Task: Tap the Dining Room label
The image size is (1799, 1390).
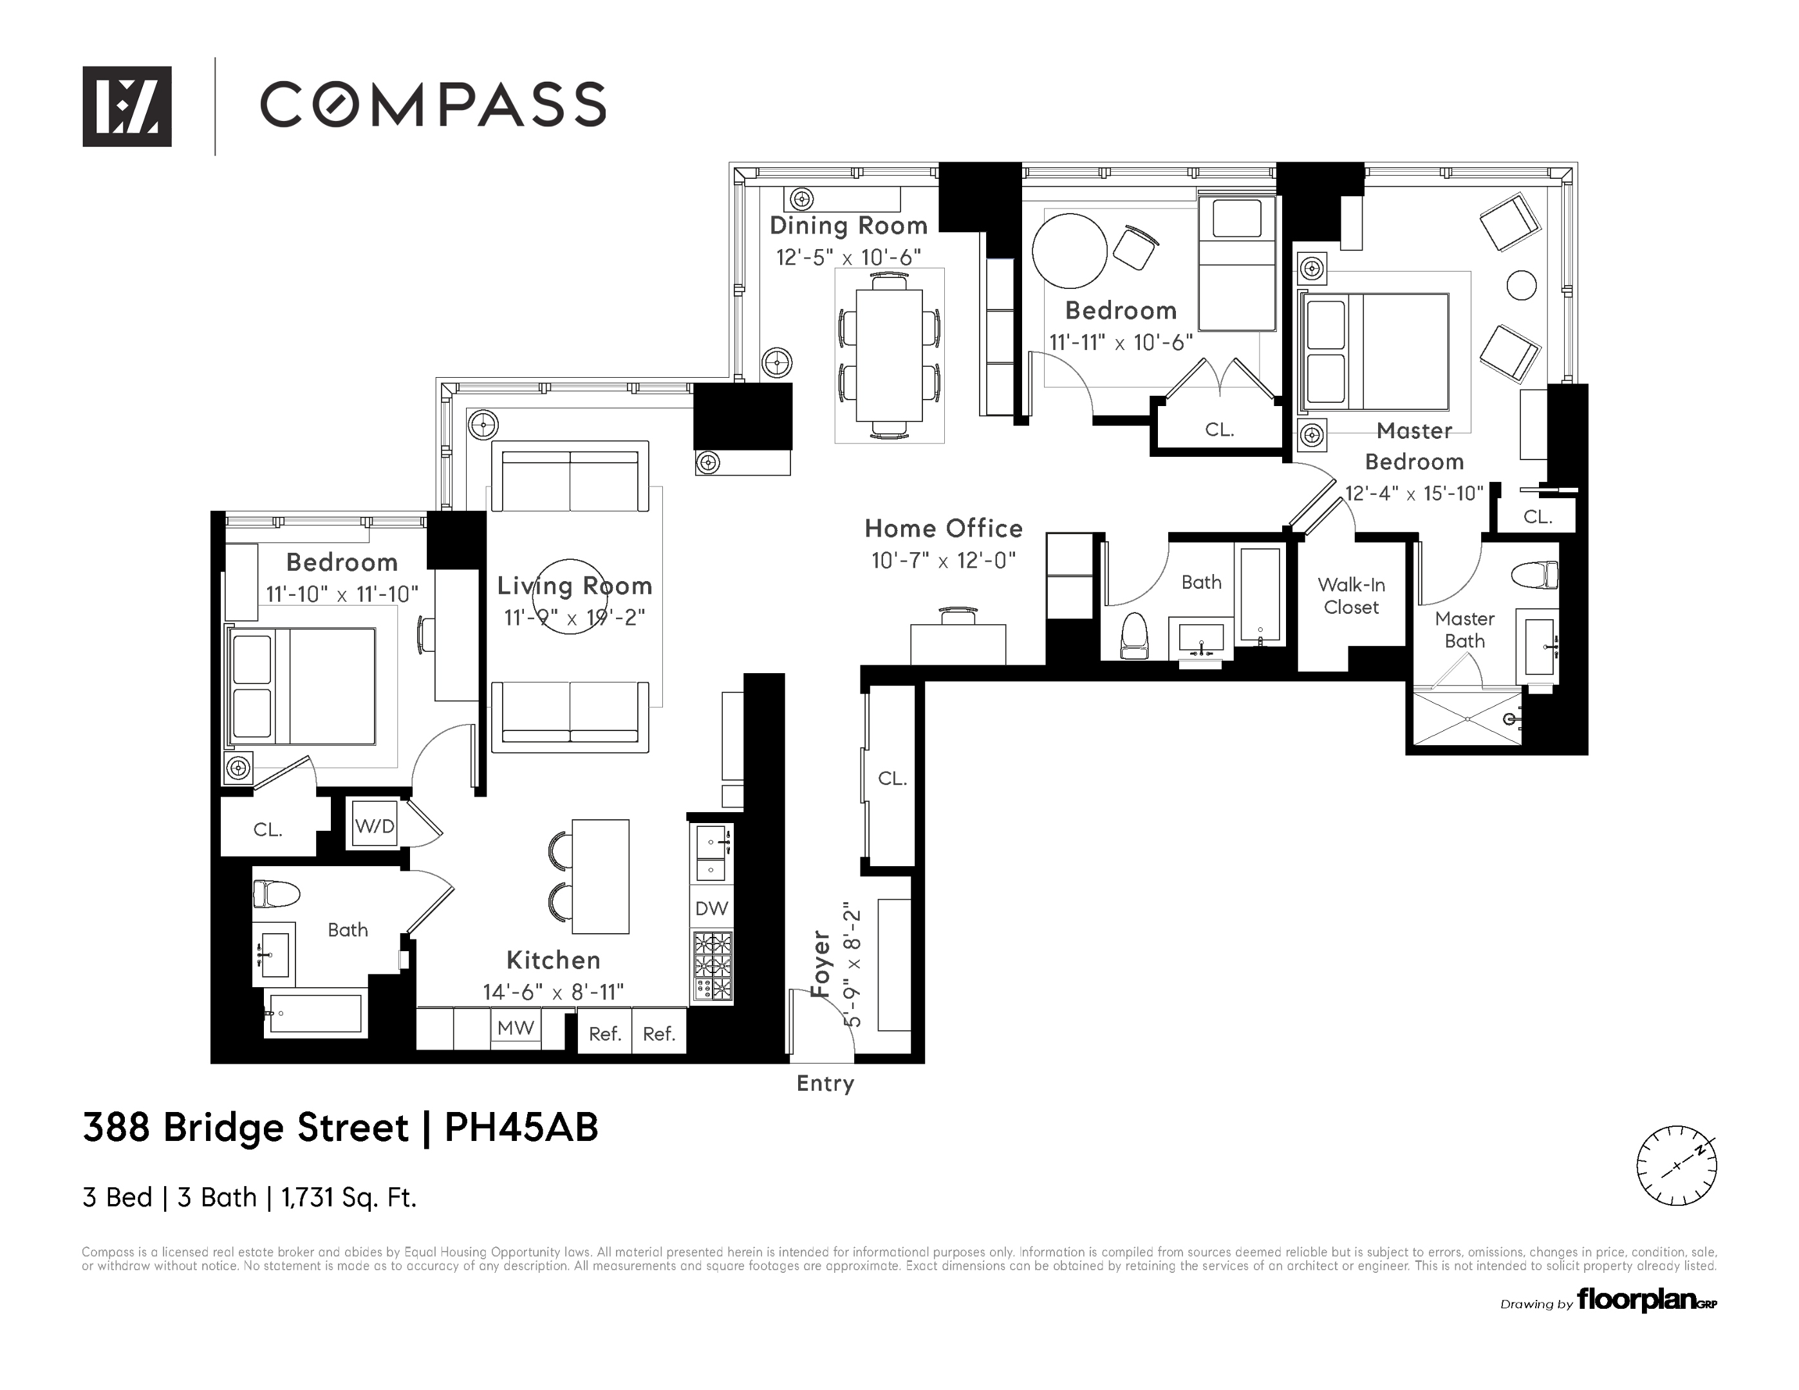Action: (x=848, y=226)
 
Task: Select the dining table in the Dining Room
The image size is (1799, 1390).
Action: (x=890, y=355)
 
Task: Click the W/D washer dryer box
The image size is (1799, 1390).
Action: (x=375, y=825)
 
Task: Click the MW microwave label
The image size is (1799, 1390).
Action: (x=516, y=1028)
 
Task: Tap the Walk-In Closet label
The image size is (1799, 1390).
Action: (x=1351, y=595)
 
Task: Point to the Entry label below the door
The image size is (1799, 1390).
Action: (x=825, y=1084)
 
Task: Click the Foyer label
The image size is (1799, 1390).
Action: (x=821, y=963)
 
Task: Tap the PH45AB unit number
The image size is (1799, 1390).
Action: (x=521, y=1127)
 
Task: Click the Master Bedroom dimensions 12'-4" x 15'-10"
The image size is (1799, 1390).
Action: (x=1413, y=493)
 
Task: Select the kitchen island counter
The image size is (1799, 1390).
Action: (x=601, y=876)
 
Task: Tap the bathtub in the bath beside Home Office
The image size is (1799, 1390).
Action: (x=1260, y=595)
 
